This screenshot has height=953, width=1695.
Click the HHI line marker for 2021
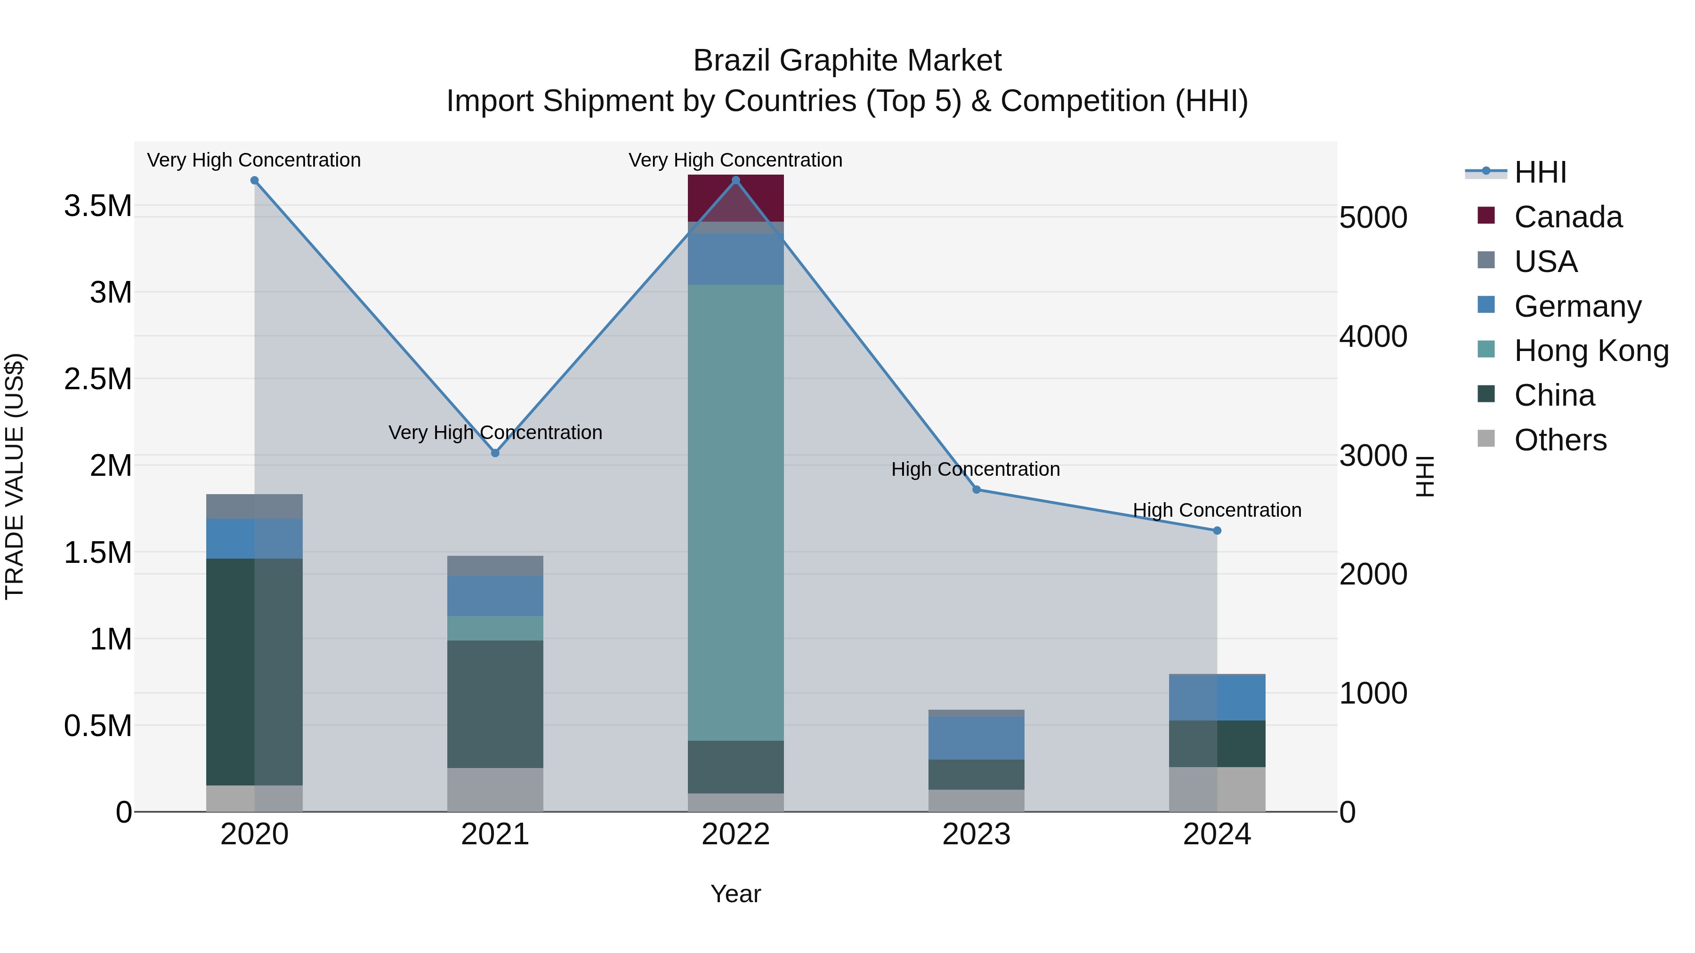(495, 453)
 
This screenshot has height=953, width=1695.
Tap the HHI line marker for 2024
(1217, 531)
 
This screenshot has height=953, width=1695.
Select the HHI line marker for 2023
(977, 489)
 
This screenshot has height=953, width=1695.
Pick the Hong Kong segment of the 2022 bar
(735, 513)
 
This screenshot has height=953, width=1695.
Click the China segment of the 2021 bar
(495, 704)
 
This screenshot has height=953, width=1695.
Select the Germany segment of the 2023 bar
(977, 738)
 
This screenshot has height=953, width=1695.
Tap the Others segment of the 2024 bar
(1217, 789)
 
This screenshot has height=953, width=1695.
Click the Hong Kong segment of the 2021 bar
(495, 628)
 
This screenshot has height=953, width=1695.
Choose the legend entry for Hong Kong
(1591, 351)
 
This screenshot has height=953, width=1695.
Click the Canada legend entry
(1568, 217)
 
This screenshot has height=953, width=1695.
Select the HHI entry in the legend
(1540, 172)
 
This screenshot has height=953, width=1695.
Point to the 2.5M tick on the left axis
(97, 379)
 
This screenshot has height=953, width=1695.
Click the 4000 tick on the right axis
(1373, 337)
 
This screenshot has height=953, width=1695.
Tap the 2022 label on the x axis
(735, 834)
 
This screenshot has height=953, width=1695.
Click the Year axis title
(735, 894)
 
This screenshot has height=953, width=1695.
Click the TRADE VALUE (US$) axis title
(15, 476)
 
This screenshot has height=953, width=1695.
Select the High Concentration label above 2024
(1217, 510)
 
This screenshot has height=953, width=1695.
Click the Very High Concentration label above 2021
(495, 433)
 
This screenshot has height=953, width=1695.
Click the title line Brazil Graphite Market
(847, 61)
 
